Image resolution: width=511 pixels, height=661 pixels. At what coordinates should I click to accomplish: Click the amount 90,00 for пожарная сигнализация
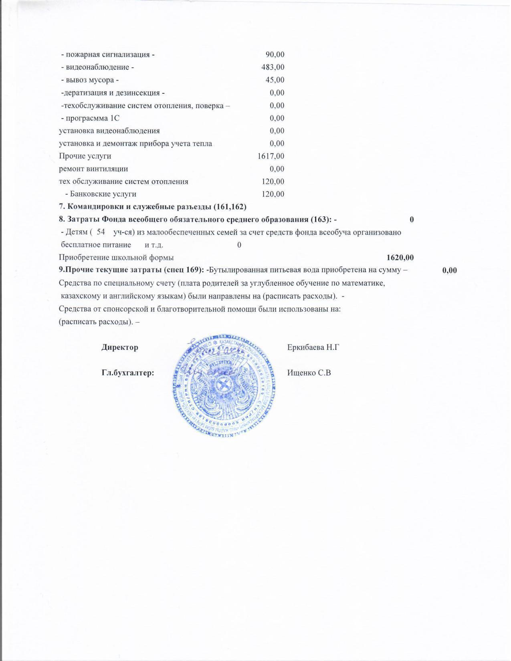275,54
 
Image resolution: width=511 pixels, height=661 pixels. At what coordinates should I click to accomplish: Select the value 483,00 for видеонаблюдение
273,67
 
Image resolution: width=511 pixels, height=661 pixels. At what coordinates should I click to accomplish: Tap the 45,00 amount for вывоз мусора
275,80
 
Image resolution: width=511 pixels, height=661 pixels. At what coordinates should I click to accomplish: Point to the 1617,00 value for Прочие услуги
271,156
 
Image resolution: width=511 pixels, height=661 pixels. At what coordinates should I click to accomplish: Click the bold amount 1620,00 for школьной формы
400,258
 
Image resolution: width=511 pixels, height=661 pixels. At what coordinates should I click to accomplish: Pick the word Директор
120,347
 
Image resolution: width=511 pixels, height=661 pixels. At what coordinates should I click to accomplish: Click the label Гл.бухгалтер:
128,373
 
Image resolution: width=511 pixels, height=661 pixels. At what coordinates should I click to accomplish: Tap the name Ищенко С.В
309,373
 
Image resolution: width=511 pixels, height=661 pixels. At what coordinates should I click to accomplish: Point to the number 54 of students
101,232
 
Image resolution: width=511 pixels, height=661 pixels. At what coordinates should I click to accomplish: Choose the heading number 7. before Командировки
62,207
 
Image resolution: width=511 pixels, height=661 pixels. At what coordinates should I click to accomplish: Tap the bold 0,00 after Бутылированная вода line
449,270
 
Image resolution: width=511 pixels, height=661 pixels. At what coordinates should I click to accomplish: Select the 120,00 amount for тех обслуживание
273,181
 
